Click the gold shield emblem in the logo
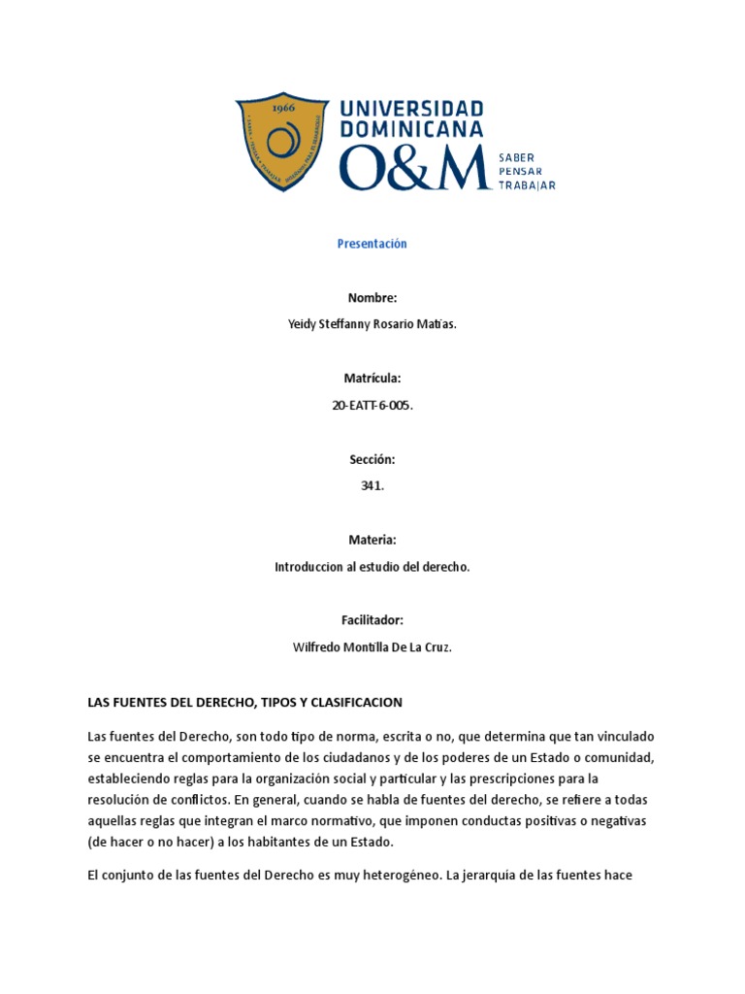[282, 142]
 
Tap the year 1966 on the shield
[282, 110]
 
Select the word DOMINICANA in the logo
[410, 130]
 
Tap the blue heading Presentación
[372, 244]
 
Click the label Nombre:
[372, 298]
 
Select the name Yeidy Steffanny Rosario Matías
[372, 325]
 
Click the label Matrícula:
[372, 378]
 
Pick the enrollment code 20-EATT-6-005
[372, 406]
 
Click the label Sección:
[372, 459]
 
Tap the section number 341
[372, 486]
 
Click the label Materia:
[372, 540]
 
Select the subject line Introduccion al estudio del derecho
[372, 567]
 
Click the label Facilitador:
[372, 620]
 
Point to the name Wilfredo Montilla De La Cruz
[372, 647]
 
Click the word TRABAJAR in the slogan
[527, 186]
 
